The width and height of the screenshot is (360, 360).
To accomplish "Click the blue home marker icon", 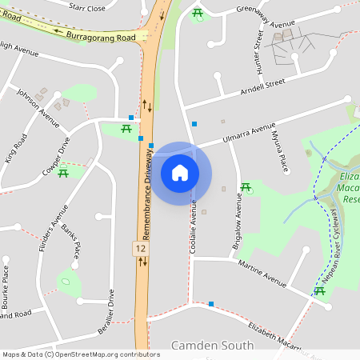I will pos(180,173).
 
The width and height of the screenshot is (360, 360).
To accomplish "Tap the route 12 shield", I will pos(141,250).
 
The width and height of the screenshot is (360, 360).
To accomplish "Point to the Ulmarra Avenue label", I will pos(245,134).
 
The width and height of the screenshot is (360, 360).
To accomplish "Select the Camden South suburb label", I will pos(213,346).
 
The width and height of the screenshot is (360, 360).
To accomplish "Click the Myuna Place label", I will pos(281,152).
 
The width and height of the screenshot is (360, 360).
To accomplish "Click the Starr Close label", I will pos(87,7).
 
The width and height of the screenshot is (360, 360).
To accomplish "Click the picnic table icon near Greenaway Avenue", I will pos(198,12).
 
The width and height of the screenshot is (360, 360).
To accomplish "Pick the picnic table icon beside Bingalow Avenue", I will pos(246,187).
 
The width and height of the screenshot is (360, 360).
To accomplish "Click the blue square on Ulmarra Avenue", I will pos(194,123).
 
